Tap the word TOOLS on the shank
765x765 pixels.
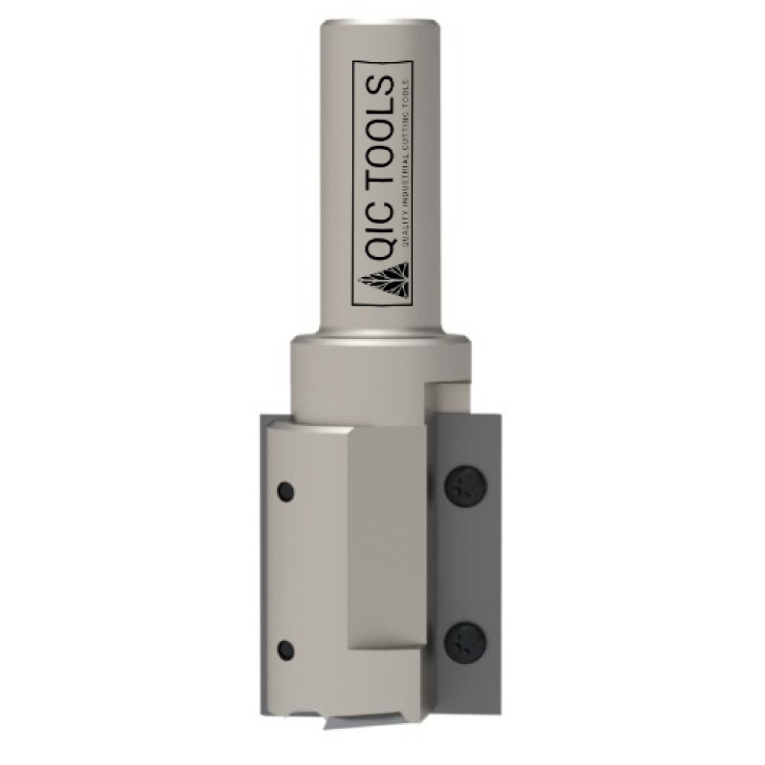[x=380, y=134]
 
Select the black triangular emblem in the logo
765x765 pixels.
[x=385, y=282]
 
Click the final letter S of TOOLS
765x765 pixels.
[x=380, y=84]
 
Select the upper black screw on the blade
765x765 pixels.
[x=466, y=486]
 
